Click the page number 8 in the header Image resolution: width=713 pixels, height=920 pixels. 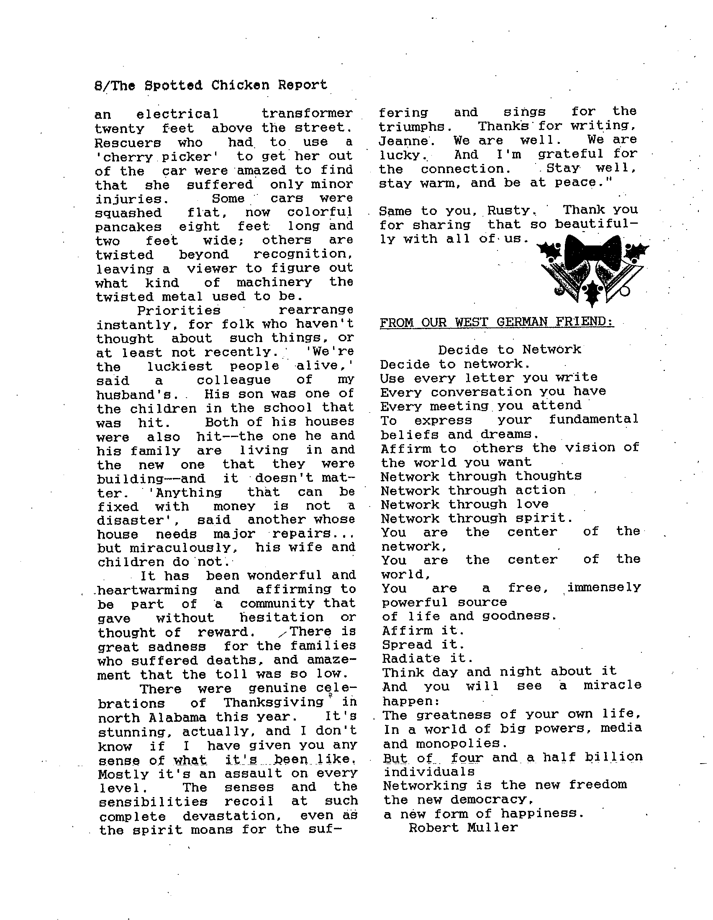click(98, 86)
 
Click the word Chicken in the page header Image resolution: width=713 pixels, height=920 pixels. click(240, 85)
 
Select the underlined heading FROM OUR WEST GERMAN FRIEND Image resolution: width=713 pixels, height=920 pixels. click(496, 322)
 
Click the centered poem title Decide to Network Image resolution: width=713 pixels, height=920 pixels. click(510, 350)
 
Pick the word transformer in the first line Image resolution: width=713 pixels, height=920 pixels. click(307, 114)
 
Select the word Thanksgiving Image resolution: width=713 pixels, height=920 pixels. click(274, 703)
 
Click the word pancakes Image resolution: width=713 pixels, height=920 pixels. click(128, 227)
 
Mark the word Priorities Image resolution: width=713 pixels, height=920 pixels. click(179, 311)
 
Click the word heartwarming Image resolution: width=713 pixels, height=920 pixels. click(147, 590)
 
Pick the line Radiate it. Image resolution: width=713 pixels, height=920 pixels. click(428, 658)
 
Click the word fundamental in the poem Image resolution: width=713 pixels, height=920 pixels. click(593, 419)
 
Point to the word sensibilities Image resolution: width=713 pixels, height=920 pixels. click(154, 802)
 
